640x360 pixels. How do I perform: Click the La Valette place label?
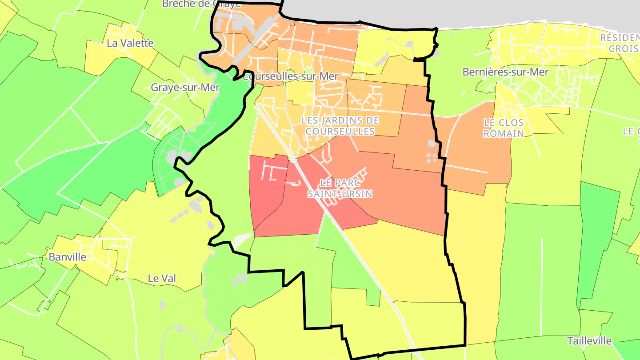[130, 43]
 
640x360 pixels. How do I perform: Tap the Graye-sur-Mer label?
[185, 88]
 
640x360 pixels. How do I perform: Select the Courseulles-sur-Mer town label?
[291, 76]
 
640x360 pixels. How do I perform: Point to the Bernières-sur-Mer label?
[506, 72]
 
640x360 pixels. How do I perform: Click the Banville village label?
[67, 257]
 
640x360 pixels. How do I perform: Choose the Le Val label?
[162, 279]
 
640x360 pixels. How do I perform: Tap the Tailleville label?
[589, 341]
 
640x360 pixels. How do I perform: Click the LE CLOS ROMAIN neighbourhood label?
[504, 128]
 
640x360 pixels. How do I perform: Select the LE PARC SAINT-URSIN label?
[340, 188]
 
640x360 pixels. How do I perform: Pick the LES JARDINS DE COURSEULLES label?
[340, 126]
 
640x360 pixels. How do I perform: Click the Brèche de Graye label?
[201, 4]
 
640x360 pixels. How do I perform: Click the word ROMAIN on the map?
[504, 134]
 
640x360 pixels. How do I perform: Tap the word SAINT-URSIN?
[340, 194]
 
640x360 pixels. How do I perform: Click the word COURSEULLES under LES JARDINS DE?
[340, 132]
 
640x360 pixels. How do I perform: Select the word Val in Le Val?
[168, 279]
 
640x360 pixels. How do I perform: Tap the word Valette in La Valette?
[136, 43]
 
